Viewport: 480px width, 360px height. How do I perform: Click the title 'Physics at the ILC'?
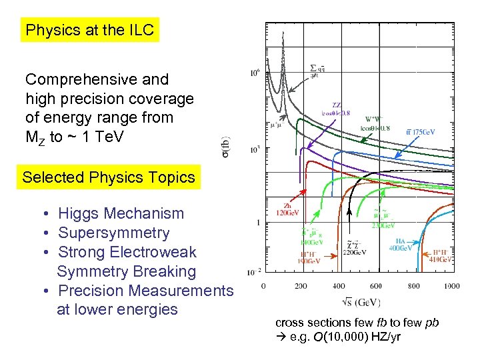click(89, 30)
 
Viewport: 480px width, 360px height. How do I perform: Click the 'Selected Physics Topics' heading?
click(109, 177)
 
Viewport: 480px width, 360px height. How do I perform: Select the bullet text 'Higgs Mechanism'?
click(121, 214)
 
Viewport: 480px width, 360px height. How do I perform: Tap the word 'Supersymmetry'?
click(113, 233)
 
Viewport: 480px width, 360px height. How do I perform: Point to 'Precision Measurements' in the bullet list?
click(145, 291)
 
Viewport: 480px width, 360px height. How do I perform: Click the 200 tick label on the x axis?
click(301, 286)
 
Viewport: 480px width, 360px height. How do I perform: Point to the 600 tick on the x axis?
click(377, 286)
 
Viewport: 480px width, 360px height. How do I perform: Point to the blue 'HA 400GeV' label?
click(401, 244)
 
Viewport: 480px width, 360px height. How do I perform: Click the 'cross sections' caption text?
click(313, 323)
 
